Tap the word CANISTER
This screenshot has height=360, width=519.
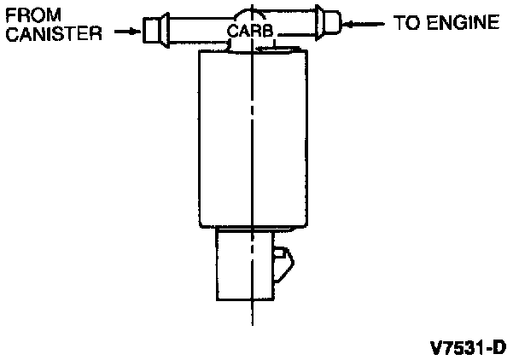53,34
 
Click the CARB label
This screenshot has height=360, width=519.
251,32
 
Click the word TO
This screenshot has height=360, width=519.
407,22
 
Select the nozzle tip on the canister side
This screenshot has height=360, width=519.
151,31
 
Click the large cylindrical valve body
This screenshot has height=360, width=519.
251,141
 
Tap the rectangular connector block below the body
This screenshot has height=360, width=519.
242,264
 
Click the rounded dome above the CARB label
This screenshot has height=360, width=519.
251,15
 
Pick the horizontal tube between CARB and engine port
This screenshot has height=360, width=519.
295,23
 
